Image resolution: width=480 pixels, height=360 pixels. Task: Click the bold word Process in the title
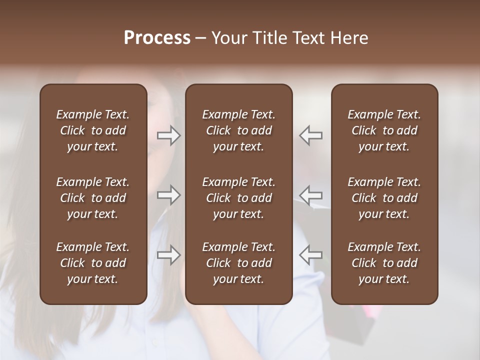point(157,37)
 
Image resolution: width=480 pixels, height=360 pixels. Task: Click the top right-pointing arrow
point(169,135)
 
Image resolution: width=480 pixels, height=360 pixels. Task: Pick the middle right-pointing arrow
point(169,195)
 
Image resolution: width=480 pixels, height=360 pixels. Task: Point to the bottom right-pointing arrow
point(169,255)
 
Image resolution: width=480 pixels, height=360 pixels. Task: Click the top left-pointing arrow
point(310,135)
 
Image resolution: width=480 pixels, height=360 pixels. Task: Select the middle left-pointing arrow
point(310,195)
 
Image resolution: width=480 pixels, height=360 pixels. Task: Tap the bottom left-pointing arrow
point(310,255)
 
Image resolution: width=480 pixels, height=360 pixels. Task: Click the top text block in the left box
point(93,130)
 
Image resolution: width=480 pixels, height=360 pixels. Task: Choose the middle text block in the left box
point(93,198)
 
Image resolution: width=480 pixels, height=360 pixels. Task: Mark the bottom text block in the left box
point(93,263)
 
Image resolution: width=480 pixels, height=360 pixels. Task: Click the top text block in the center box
point(238,130)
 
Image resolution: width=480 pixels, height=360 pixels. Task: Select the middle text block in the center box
point(238,198)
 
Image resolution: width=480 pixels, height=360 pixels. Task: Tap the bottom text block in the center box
point(238,263)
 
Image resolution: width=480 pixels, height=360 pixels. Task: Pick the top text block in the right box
point(384,130)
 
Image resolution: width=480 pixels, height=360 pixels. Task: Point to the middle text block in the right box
point(384,198)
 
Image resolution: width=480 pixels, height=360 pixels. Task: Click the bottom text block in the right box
point(384,263)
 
